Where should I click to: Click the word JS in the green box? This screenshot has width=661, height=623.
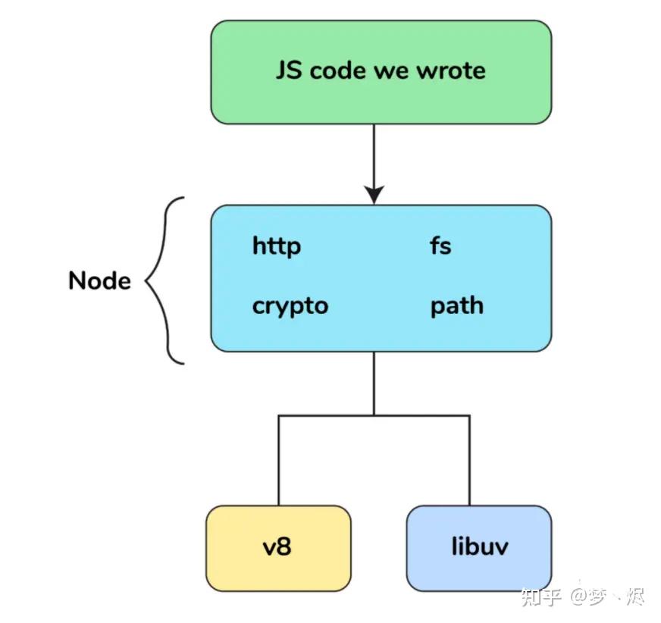pyautogui.click(x=289, y=71)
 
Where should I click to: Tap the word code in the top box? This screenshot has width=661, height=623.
pyautogui.click(x=340, y=71)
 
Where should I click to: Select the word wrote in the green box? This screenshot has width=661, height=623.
pyautogui.click(x=453, y=71)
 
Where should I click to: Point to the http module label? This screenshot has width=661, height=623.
pyautogui.click(x=276, y=246)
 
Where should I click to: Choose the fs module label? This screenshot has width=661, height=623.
pyautogui.click(x=440, y=246)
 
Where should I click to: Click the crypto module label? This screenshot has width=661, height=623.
pyautogui.click(x=290, y=306)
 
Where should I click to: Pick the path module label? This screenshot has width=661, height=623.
pyautogui.click(x=456, y=306)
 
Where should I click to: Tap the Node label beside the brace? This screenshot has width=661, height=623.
pyautogui.click(x=99, y=281)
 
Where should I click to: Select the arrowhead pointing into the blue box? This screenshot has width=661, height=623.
pyautogui.click(x=374, y=195)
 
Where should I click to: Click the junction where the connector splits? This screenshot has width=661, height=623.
pyautogui.click(x=374, y=415)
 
